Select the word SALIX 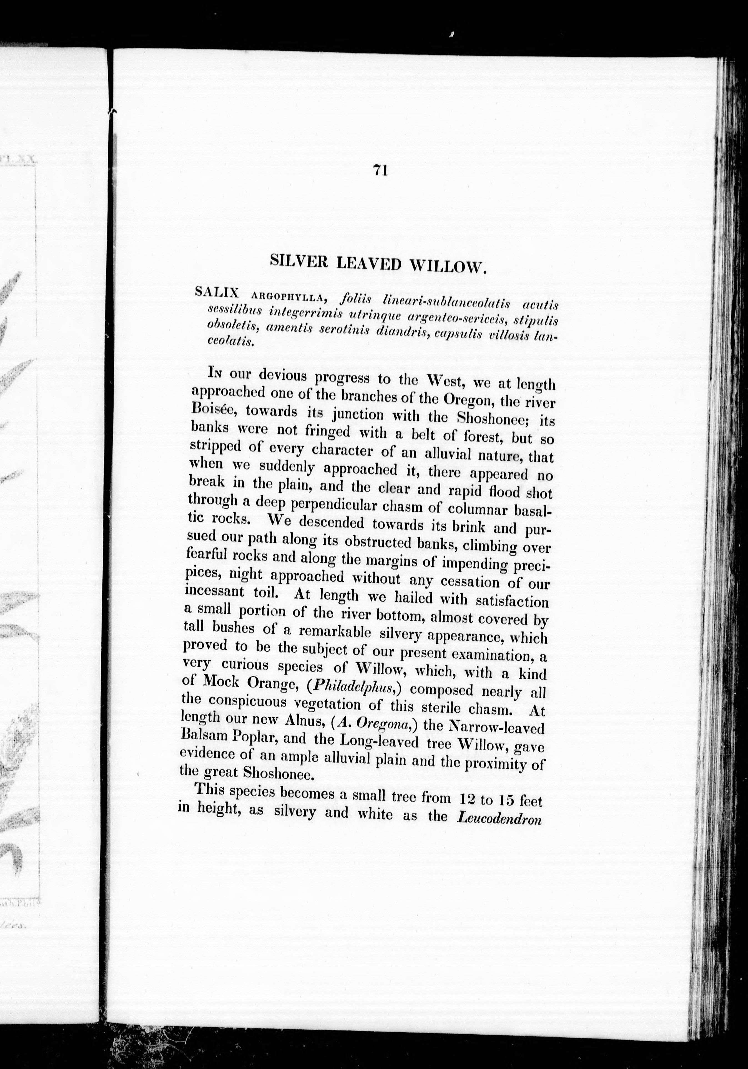pyautogui.click(x=217, y=293)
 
